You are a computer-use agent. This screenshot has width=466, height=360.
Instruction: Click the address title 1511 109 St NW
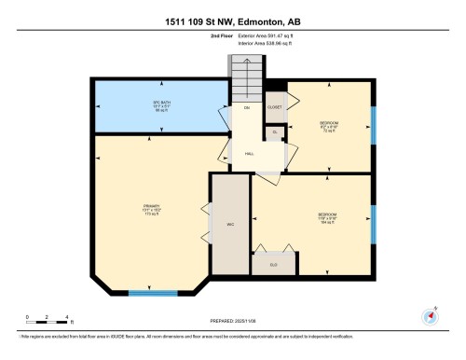[232, 21]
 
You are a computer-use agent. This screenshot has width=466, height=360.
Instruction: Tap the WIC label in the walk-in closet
[229, 224]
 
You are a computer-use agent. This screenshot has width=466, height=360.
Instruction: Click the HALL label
[249, 154]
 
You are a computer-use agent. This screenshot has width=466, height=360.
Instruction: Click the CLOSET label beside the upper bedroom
[275, 107]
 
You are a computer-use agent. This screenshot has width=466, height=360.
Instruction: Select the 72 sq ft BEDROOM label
[328, 127]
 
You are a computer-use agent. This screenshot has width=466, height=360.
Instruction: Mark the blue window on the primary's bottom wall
[153, 293]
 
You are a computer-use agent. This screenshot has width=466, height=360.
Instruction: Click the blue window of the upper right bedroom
[373, 124]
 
